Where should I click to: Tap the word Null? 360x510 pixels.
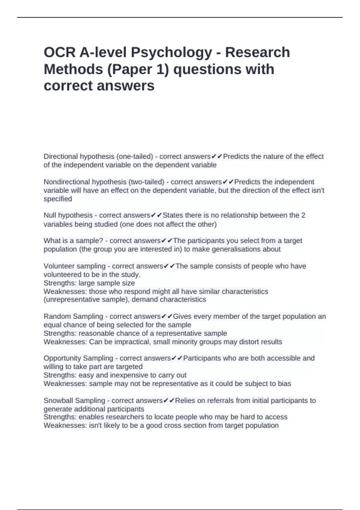click(x=50, y=215)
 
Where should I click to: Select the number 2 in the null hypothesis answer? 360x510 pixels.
click(x=303, y=215)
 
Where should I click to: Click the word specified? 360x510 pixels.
click(x=58, y=199)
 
